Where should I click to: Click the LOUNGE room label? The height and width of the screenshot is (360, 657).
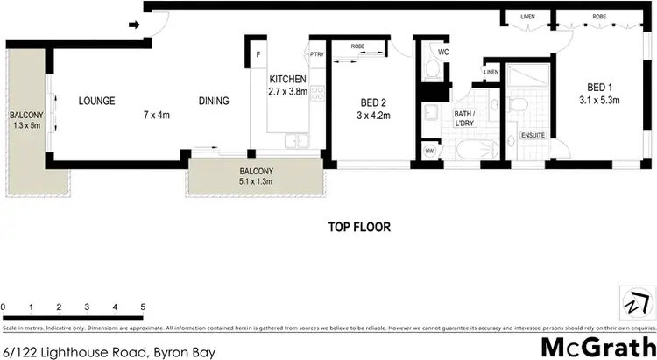(96, 101)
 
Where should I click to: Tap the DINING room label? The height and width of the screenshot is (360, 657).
(214, 101)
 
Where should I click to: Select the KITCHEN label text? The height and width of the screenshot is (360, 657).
(288, 79)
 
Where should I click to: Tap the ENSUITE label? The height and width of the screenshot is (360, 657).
(533, 136)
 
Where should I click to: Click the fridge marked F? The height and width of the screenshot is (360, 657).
(258, 55)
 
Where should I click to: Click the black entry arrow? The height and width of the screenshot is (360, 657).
(135, 25)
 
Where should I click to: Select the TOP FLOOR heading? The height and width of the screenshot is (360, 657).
(359, 227)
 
